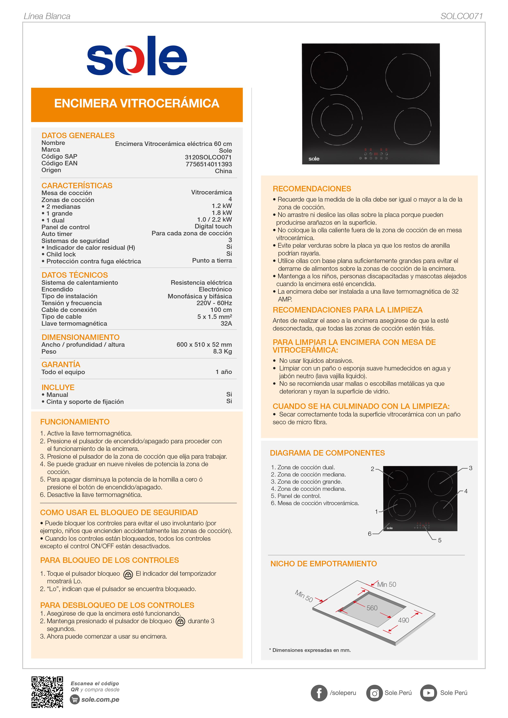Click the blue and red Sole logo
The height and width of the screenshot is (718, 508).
pos(137,56)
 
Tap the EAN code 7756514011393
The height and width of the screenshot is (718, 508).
pos(209,164)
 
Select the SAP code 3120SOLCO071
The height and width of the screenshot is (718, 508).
pos(208,157)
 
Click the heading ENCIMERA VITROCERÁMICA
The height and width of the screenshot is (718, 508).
pos(137,104)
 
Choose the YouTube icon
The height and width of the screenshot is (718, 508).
pos(428,693)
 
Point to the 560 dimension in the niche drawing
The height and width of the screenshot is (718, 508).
pos(372,608)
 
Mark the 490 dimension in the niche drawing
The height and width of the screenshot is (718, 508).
pos(404,620)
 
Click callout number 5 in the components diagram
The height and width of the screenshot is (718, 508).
pos(439,540)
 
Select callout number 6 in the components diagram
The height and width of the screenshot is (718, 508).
pos(369,534)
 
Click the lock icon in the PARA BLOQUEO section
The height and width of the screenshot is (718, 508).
pos(128,575)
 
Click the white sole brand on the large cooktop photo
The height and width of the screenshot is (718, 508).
pos(314,159)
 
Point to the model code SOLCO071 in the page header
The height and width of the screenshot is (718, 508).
pos(461,16)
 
